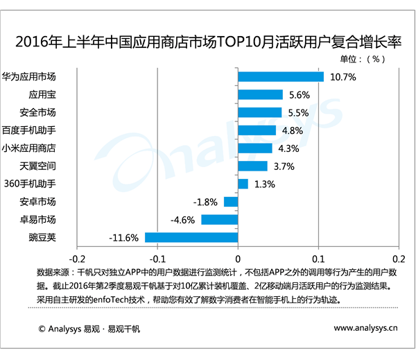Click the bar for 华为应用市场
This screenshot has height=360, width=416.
pyautogui.click(x=281, y=76)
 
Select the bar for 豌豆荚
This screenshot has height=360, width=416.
pyautogui.click(x=191, y=237)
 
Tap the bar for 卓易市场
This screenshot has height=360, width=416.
pyautogui.click(x=219, y=219)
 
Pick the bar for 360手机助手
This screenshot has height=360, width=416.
pyautogui.click(x=243, y=184)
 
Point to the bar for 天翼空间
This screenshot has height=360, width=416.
pyautogui.click(x=252, y=166)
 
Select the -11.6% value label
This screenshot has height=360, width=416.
pyautogui.click(x=124, y=238)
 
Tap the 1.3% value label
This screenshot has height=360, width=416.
pyautogui.click(x=265, y=185)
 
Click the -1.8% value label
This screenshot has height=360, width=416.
pyautogui.click(x=206, y=202)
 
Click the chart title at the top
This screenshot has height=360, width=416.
pyautogui.click(x=208, y=42)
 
